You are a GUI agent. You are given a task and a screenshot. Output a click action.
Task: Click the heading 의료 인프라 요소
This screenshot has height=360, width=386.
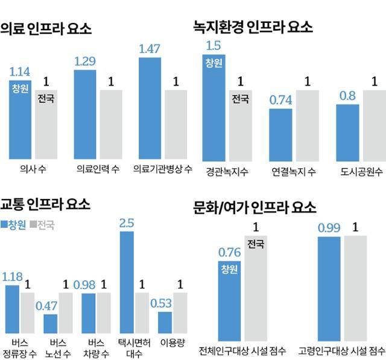pyautogui.click(x=46, y=28)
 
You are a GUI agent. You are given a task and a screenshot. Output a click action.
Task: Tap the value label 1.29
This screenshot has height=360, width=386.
pyautogui.click(x=85, y=61)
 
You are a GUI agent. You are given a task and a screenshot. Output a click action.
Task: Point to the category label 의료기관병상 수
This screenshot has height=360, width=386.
pyautogui.click(x=163, y=169)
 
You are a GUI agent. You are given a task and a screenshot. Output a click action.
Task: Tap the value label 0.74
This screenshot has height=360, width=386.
pyautogui.click(x=280, y=99)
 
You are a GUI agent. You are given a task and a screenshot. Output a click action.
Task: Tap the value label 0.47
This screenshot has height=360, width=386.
pyautogui.click(x=50, y=305)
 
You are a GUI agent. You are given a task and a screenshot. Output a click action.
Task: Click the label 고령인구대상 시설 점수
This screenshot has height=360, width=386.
pyautogui.click(x=341, y=350)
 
